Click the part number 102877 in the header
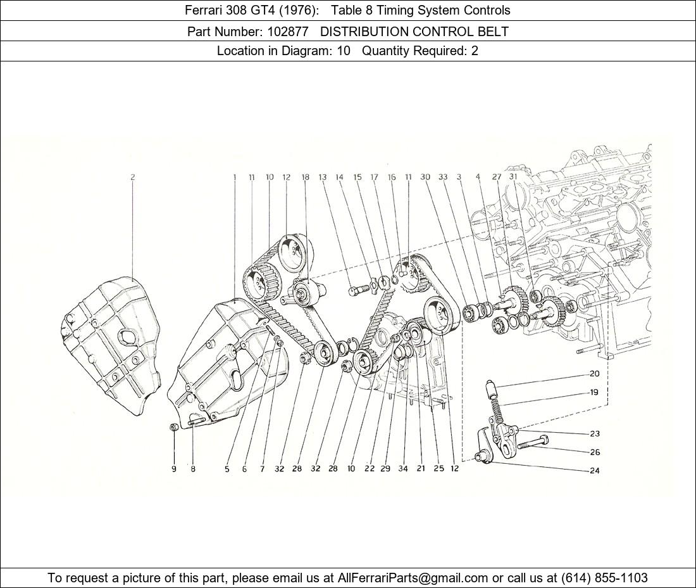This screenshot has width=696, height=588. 287,32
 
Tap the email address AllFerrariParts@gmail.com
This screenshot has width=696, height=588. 413,578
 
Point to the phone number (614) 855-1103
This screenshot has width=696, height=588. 604,578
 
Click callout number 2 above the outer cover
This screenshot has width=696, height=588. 133,177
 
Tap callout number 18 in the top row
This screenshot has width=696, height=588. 306,177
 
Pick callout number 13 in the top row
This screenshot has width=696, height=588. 322,177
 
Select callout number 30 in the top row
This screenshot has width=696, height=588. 425,177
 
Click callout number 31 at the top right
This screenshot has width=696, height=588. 514,177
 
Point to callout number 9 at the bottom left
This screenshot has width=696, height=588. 174,468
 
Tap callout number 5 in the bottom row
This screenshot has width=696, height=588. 227,468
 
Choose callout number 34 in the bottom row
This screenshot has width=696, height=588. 402,468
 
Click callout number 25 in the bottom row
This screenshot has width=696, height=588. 438,468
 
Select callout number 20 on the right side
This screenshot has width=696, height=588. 594,374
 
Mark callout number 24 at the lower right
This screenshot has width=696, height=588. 594,471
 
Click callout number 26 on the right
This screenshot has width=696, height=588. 594,452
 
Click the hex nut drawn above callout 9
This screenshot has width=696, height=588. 174,427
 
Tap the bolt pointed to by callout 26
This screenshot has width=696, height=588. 533,442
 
